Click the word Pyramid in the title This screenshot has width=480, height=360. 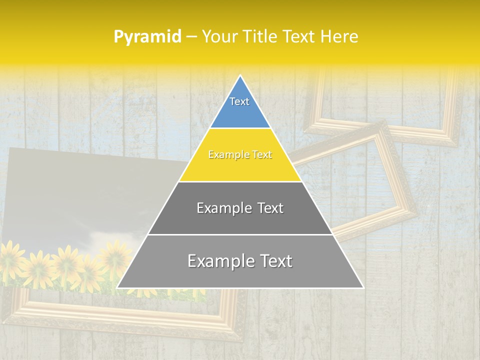click(147, 37)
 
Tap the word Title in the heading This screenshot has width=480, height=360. click(261, 37)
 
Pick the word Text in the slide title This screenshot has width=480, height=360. click(300, 37)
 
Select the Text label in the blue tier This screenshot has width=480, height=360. click(239, 101)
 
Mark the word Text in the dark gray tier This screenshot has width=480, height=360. click(270, 208)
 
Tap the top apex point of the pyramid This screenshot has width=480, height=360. click(240, 75)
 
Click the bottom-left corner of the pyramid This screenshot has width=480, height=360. click(117, 288)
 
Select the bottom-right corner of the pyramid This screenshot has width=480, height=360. click(363, 288)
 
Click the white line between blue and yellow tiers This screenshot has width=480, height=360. click(240, 128)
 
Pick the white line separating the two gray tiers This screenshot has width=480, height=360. click(240, 234)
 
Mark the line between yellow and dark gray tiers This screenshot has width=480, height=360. click(240, 181)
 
